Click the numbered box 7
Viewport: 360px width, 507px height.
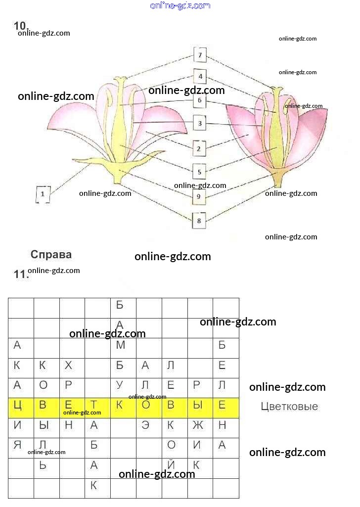point(199,55)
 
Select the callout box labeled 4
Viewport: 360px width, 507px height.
point(200,77)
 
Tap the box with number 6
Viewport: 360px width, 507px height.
point(199,100)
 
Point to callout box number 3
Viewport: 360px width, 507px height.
point(199,123)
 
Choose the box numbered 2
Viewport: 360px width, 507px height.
point(198,148)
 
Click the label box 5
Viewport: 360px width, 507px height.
point(199,172)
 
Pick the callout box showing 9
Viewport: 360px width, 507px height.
point(198,196)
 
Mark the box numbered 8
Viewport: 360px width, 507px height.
point(199,221)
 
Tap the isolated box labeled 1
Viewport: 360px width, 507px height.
point(43,194)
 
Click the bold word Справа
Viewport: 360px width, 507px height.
point(51,255)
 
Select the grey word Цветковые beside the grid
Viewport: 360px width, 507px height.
point(289,407)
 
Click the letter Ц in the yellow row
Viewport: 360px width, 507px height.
point(17,406)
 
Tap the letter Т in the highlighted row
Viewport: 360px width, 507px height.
point(93,406)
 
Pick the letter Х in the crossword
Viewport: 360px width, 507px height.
point(68,366)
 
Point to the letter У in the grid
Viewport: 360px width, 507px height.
point(120,385)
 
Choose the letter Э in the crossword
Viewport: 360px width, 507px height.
point(145,425)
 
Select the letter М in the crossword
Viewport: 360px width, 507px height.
point(120,345)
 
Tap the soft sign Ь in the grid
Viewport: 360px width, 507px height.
point(43,465)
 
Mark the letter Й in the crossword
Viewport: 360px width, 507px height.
point(171,465)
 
